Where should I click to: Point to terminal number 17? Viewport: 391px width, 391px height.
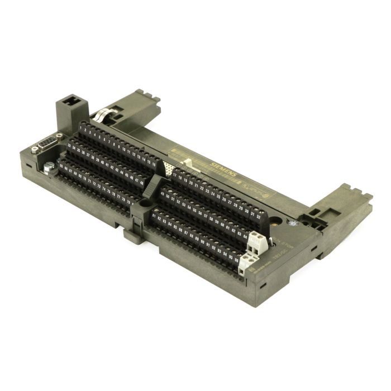[175, 174]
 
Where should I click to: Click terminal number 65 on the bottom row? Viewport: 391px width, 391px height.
[61, 165]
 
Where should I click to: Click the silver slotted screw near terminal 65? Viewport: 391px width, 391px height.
[50, 165]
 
